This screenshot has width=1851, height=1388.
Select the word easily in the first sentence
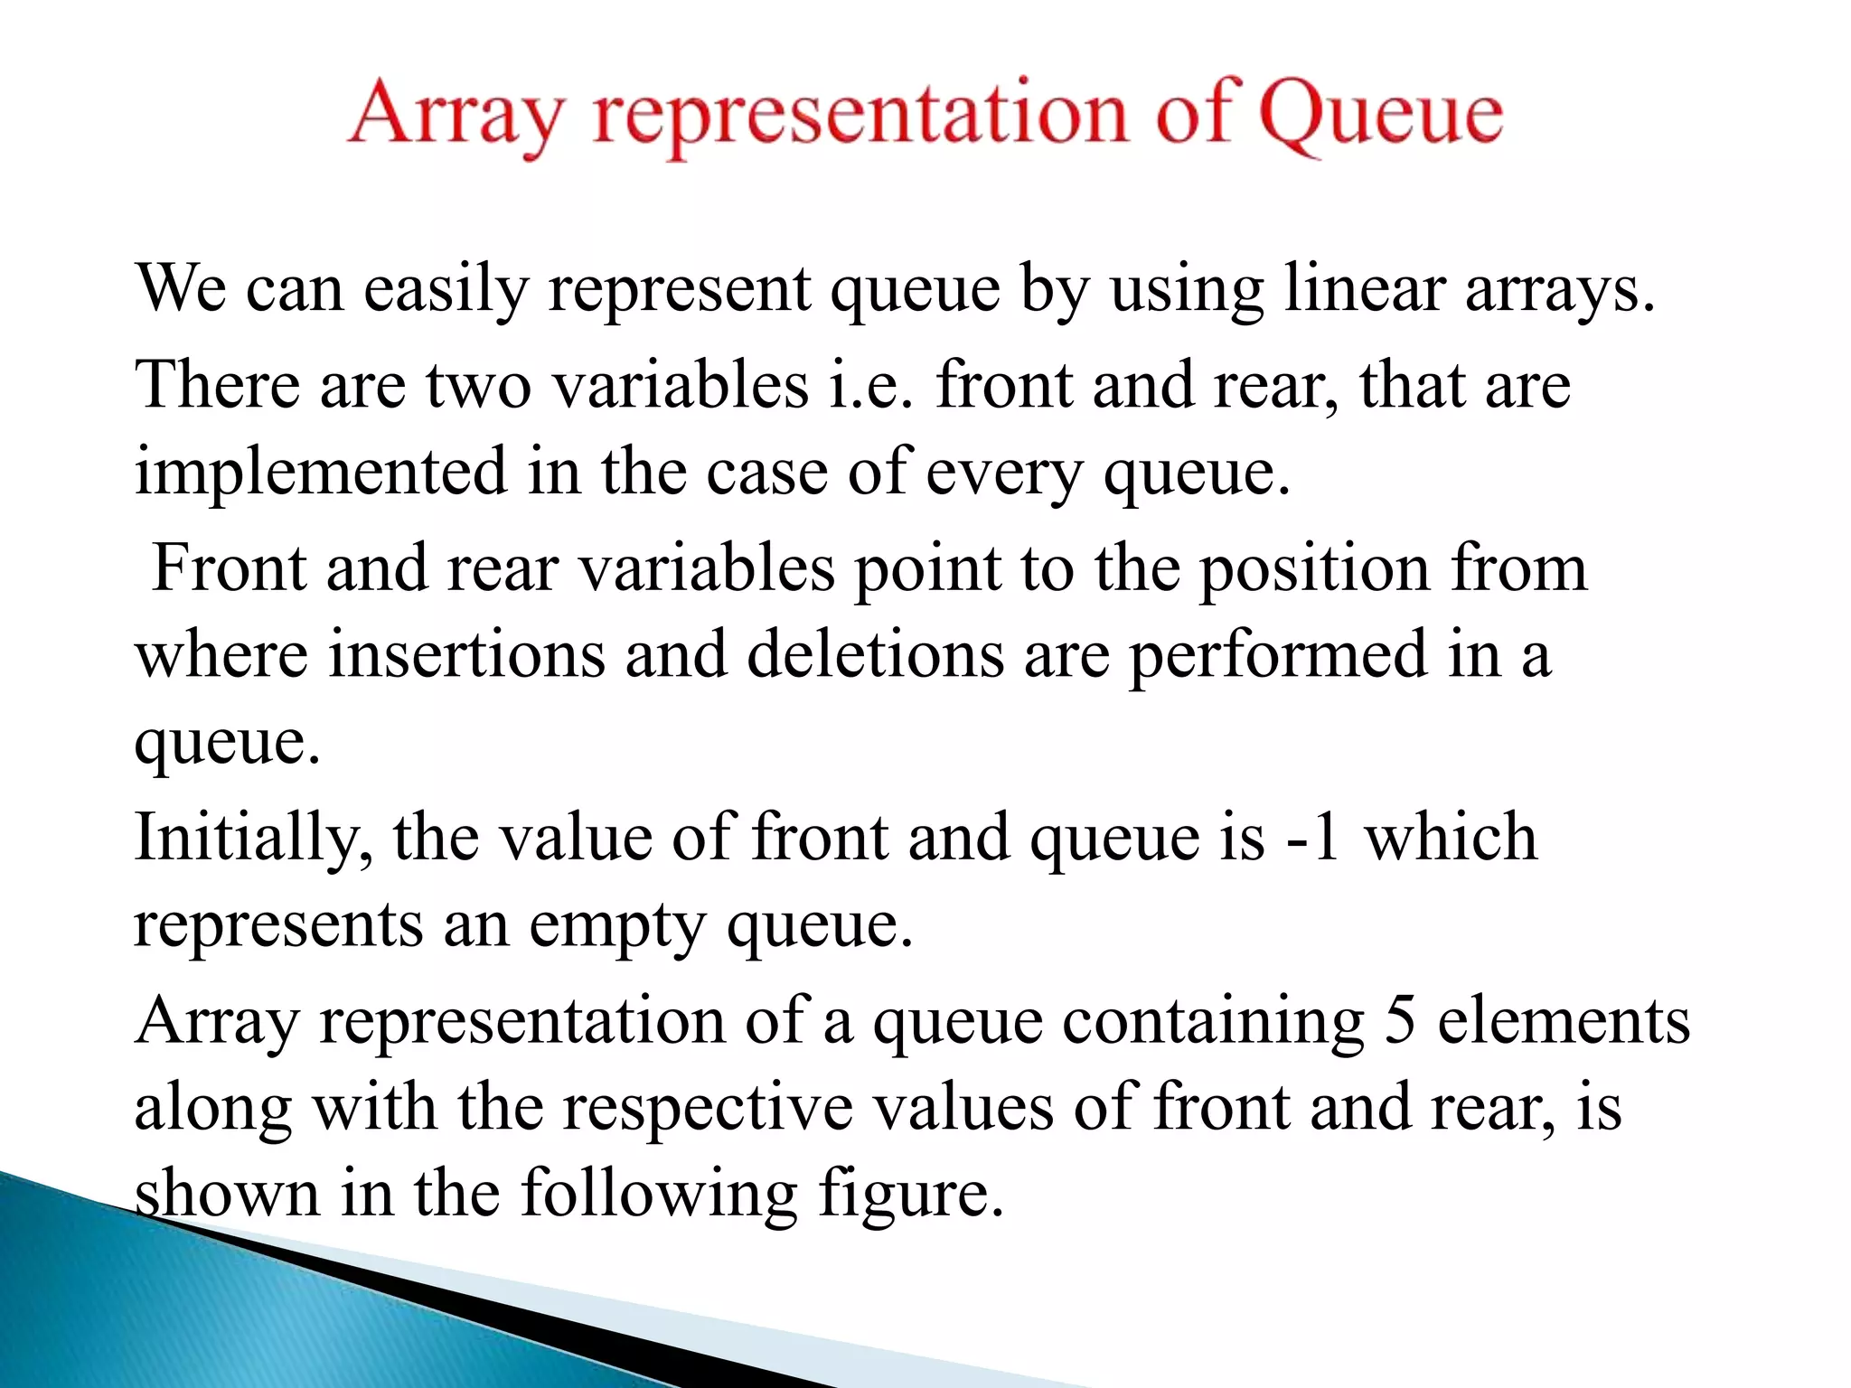(446, 289)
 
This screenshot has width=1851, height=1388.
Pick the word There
(217, 385)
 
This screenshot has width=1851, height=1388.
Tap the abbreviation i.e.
(871, 385)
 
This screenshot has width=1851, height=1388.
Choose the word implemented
(321, 473)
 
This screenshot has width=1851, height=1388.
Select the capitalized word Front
(230, 568)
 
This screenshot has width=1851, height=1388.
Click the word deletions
(875, 654)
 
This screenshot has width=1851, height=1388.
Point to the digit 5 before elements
(1400, 1021)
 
